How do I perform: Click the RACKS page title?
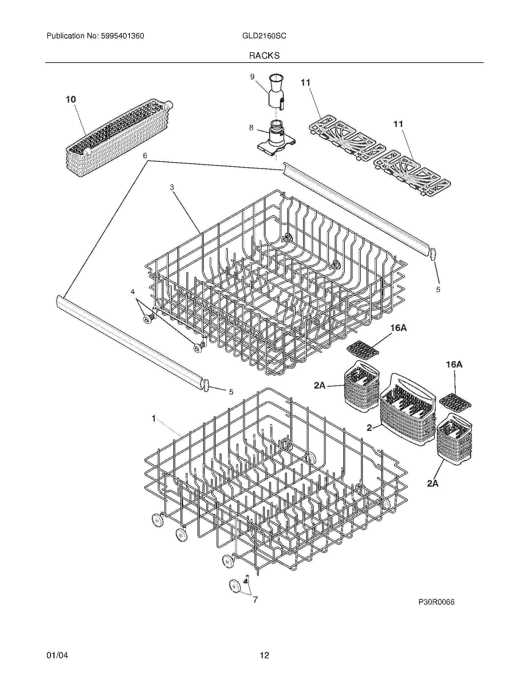click(264, 56)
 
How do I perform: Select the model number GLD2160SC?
click(264, 36)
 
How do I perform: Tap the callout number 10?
click(71, 100)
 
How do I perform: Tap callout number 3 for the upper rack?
click(172, 187)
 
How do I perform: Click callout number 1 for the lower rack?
click(153, 418)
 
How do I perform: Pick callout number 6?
click(145, 156)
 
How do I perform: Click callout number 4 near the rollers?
click(133, 292)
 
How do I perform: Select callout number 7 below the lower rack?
click(255, 600)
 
